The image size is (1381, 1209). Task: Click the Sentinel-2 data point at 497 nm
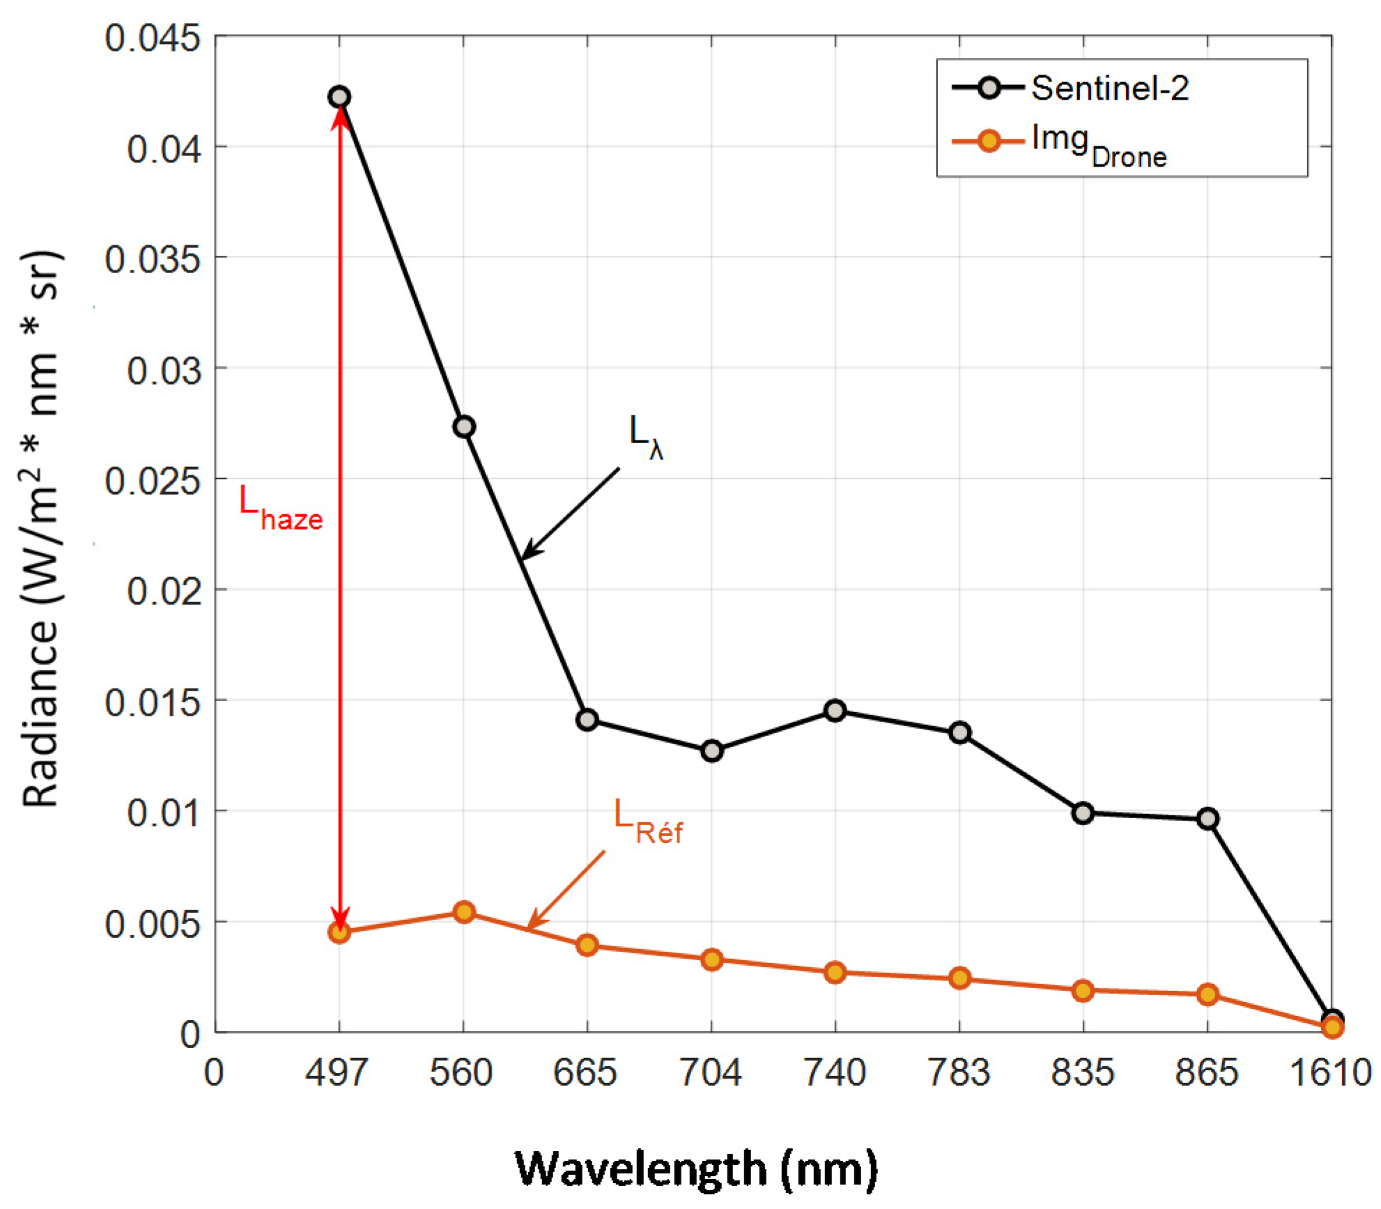coord(339,97)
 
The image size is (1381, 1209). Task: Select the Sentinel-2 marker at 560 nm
coord(464,426)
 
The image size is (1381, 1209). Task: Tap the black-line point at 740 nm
coord(835,711)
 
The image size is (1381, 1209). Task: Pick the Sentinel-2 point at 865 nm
coord(1208,819)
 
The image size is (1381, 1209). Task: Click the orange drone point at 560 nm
coord(464,912)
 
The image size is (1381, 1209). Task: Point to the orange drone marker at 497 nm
coord(339,932)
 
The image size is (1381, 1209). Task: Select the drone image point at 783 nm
coord(959,978)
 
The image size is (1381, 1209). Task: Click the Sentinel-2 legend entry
coord(1109,88)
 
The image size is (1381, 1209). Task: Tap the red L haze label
coord(280,507)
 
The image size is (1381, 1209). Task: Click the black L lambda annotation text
coord(645,436)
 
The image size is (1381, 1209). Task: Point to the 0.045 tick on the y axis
coord(153,38)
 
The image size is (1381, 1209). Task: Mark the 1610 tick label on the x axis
coord(1329,1072)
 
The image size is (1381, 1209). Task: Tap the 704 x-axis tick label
coord(711,1072)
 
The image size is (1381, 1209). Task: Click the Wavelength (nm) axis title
coord(696,1168)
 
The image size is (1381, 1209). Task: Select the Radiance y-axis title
coord(42,530)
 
